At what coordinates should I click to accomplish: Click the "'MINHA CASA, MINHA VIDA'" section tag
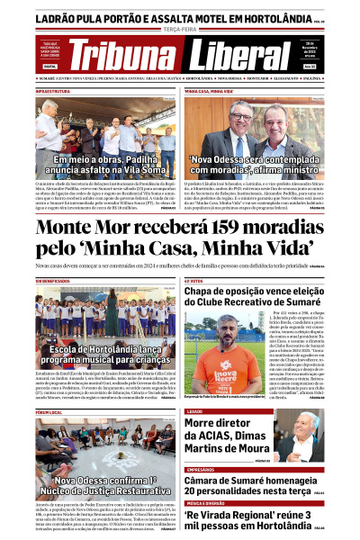click(x=209, y=92)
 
